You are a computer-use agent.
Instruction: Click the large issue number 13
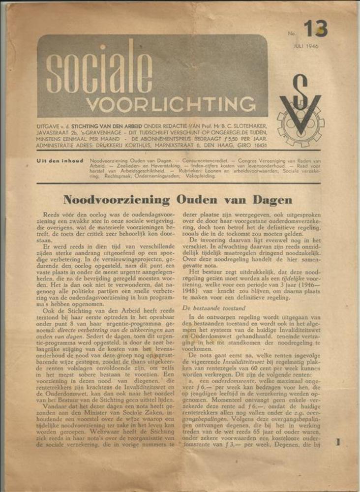(315, 29)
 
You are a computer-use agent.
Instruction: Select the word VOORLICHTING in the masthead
(171, 104)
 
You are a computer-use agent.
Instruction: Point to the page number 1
(338, 442)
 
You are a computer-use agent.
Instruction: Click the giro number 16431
(256, 146)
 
